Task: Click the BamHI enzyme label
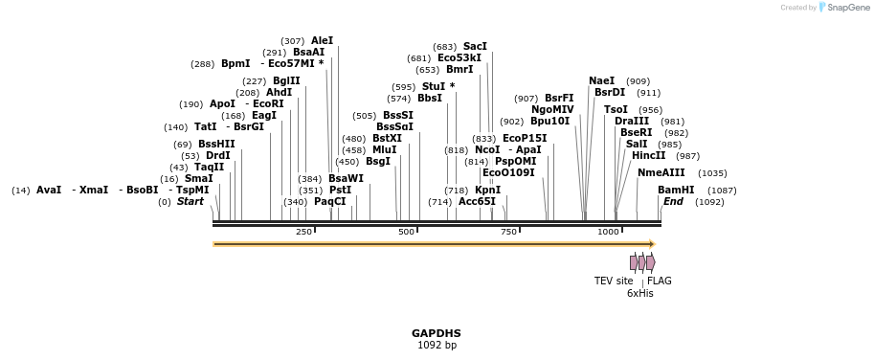pos(676,190)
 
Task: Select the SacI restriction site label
pos(475,46)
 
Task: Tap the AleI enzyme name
pos(323,40)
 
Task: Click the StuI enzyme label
pos(434,86)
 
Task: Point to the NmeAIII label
pos(661,173)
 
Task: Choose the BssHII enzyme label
pos(216,144)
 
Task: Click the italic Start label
pos(190,202)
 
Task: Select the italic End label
pos(673,202)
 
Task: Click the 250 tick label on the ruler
pos(303,232)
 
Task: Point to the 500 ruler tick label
pos(406,232)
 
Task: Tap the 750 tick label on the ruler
pos(508,232)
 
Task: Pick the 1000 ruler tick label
pos(609,232)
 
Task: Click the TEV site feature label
pos(614,281)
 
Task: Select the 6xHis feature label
pos(639,294)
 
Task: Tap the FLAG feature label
pos(660,281)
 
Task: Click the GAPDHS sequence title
pos(437,333)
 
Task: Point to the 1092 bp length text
pos(437,345)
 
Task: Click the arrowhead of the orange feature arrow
pos(651,244)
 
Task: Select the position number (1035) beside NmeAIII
pos(712,173)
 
